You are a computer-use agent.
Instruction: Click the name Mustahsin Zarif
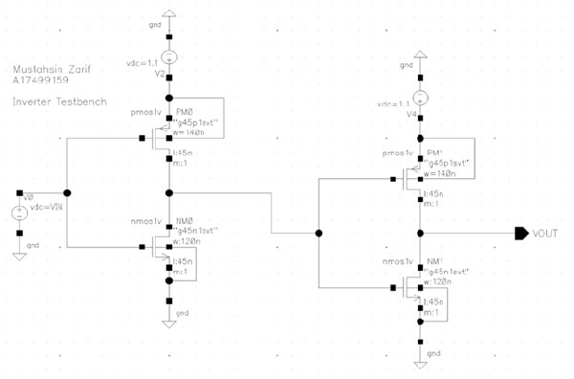point(45,72)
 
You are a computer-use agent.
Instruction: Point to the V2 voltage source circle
point(168,57)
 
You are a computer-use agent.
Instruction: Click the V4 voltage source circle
point(421,99)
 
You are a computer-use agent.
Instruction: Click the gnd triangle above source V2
point(168,15)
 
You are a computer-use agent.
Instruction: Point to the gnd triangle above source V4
point(421,57)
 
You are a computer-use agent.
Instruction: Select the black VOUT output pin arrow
point(521,233)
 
